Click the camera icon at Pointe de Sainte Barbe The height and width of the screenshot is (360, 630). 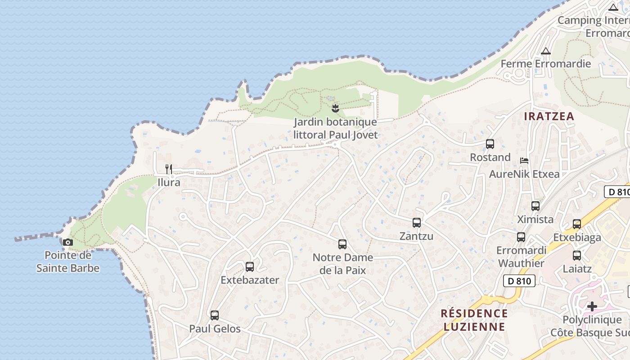click(68, 243)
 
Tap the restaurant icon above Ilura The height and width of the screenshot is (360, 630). click(169, 169)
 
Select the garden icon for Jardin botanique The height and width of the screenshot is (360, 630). click(335, 108)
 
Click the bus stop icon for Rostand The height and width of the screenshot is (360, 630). click(490, 144)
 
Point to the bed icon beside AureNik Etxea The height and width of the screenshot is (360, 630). click(524, 161)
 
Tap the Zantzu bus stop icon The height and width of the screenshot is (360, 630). click(417, 222)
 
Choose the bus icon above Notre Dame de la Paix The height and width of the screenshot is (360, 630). click(342, 244)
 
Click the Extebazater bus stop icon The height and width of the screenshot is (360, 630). click(250, 266)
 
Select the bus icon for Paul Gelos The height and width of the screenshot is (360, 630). click(215, 315)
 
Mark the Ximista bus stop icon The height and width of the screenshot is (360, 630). click(535, 206)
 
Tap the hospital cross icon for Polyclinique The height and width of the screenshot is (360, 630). click(592, 306)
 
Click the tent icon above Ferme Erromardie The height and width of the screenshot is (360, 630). click(546, 51)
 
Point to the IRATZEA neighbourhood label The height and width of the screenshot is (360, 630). click(549, 116)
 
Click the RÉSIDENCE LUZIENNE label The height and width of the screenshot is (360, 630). click(474, 320)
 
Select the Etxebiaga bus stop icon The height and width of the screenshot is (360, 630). click(577, 224)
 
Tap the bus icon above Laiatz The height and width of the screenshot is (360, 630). click(577, 256)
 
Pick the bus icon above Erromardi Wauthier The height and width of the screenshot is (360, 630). click(521, 237)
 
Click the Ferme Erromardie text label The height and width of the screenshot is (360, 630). click(546, 63)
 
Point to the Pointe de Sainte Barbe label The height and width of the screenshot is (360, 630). click(68, 262)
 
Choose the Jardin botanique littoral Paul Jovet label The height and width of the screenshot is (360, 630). click(335, 128)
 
